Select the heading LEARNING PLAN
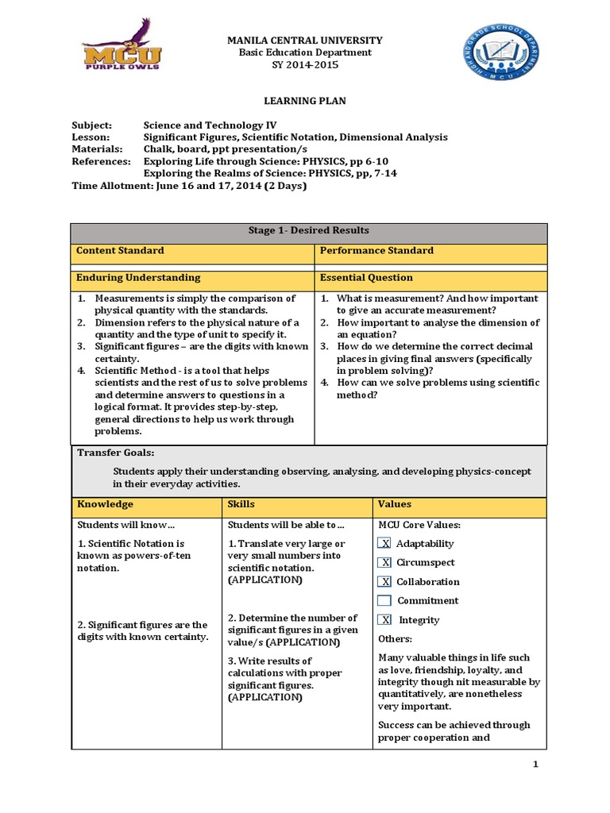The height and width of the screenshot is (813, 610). tap(305, 102)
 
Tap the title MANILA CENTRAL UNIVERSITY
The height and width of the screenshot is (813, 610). tap(305, 40)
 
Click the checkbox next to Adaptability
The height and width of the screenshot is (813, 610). tap(384, 544)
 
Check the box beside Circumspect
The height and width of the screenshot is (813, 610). tap(384, 563)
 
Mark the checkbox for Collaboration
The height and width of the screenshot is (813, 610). tap(384, 582)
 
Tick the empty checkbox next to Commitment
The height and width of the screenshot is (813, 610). tap(384, 601)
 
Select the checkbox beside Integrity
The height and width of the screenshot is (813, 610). tap(384, 620)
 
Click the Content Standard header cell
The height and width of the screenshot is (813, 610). tap(192, 251)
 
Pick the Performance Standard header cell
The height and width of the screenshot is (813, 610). tap(430, 251)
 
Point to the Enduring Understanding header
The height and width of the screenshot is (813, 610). tap(192, 278)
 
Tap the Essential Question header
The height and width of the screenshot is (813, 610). tap(430, 278)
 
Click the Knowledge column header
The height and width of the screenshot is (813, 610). tap(146, 505)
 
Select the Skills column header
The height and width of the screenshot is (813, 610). tap(297, 505)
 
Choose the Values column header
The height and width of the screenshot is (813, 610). tap(459, 505)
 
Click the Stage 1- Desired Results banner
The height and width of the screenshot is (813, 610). tap(308, 231)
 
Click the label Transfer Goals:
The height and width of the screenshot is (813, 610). tap(115, 453)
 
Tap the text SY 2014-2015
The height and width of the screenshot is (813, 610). tap(305, 65)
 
